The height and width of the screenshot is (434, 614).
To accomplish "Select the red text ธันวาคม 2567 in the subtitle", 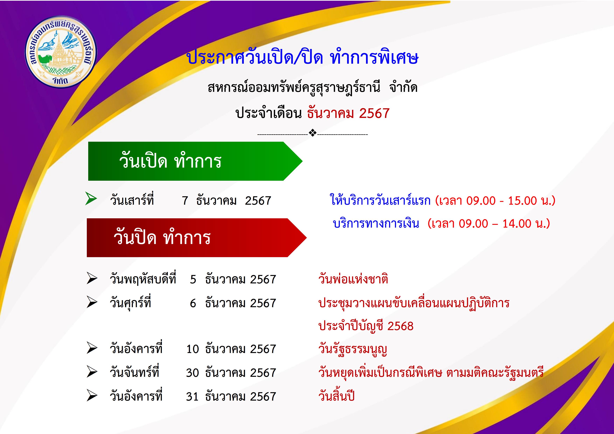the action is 348,113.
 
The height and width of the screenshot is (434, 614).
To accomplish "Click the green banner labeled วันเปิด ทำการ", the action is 195,161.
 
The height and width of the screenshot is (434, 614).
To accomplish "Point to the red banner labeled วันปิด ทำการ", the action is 197,238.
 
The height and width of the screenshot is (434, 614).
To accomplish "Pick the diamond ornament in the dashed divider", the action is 313,133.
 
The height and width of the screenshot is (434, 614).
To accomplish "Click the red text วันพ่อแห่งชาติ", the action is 353,279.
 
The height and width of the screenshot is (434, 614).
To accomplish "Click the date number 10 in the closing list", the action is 193,349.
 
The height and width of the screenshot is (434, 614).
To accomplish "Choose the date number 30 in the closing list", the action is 193,373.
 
